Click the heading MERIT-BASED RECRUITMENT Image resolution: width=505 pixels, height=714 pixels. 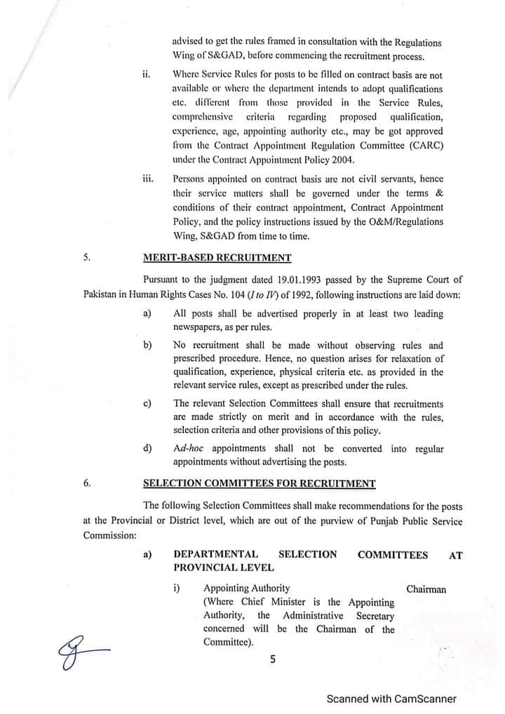click(217, 257)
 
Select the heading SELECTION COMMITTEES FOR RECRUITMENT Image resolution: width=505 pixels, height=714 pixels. click(259, 483)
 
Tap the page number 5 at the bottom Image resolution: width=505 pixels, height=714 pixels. click(273, 659)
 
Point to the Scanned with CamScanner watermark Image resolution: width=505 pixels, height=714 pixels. click(391, 699)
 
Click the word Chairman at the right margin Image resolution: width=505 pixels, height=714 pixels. click(426, 589)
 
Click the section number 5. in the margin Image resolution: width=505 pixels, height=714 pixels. click(86, 257)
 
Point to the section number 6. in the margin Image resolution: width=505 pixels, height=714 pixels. click(86, 483)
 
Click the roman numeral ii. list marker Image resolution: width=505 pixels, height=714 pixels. click(147, 75)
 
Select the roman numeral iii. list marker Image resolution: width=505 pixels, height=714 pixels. click(147, 179)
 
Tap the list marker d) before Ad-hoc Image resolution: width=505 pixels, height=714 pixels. click(147, 448)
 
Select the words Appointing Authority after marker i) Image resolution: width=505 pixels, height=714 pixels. click(246, 589)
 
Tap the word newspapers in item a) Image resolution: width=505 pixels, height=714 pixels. click(200, 327)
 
